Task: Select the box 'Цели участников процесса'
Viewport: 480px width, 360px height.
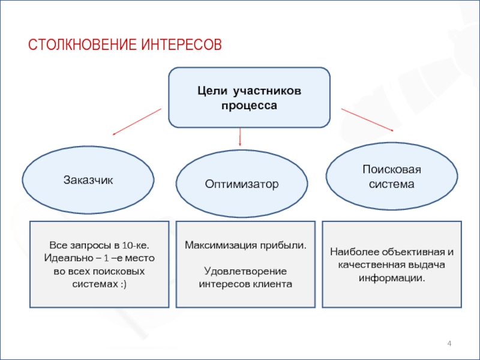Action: tap(249, 97)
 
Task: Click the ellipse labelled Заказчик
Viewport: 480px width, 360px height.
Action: tap(88, 179)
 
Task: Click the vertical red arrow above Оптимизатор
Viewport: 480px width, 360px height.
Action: tap(240, 137)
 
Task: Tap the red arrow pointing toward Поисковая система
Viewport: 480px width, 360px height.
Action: tap(367, 119)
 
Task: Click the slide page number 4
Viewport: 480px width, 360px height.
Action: tap(449, 343)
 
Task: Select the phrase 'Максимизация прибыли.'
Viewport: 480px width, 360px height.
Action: tap(245, 246)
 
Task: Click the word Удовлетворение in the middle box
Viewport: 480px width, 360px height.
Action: tap(245, 271)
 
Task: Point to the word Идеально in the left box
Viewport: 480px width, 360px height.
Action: tap(67, 259)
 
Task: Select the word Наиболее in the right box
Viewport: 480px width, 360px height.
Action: tap(352, 253)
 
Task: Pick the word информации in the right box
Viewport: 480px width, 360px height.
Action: tap(391, 278)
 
